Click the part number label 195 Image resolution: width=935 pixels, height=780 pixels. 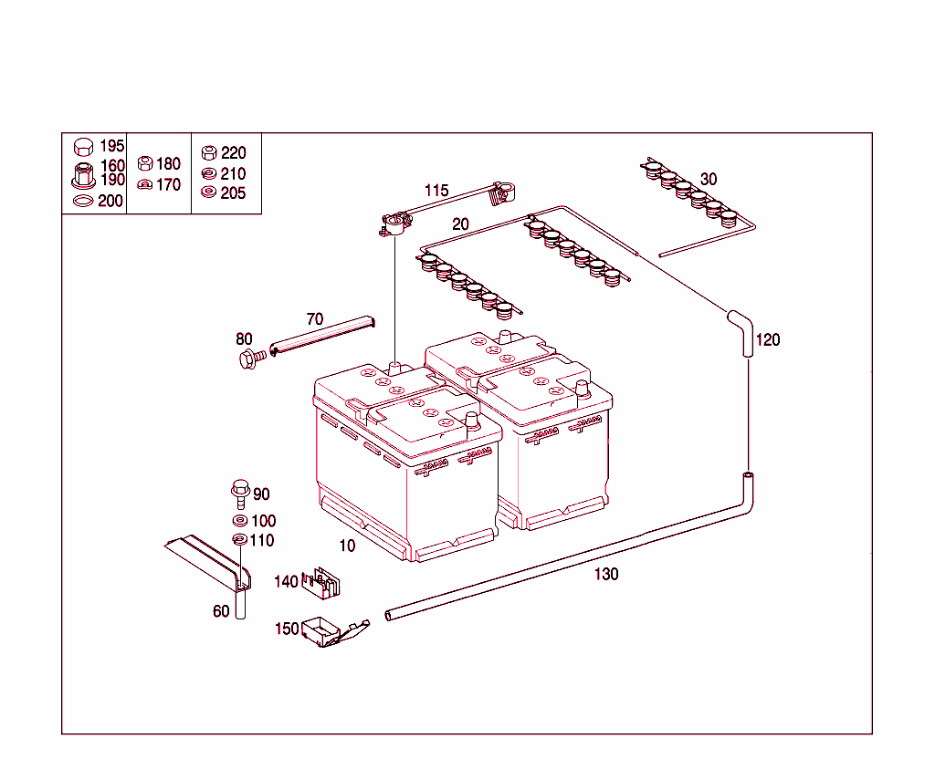click(x=111, y=146)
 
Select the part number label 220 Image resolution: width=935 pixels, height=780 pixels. click(x=234, y=153)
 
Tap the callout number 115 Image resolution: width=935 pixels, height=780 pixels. click(x=436, y=191)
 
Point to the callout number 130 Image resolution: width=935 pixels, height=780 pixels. click(x=606, y=574)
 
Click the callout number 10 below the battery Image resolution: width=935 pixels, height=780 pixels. click(x=347, y=546)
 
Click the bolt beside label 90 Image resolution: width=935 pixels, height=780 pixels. click(x=239, y=494)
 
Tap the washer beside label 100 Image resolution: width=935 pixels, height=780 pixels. click(x=239, y=520)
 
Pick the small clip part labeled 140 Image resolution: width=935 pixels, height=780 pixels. click(x=320, y=583)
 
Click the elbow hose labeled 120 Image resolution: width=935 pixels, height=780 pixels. click(x=741, y=331)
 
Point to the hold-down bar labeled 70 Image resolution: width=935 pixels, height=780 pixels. click(x=323, y=333)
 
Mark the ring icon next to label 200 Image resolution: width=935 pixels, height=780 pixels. click(x=82, y=201)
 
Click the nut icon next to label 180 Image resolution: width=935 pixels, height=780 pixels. click(x=144, y=164)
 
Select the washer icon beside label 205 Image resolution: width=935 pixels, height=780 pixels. click(x=208, y=192)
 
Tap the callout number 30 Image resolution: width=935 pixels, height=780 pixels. click(x=709, y=179)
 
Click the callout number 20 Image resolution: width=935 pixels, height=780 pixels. click(x=460, y=224)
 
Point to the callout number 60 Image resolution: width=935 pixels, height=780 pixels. click(x=221, y=611)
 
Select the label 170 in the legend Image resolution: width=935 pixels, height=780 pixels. click(x=168, y=184)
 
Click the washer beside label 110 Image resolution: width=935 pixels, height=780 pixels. click(x=239, y=540)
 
